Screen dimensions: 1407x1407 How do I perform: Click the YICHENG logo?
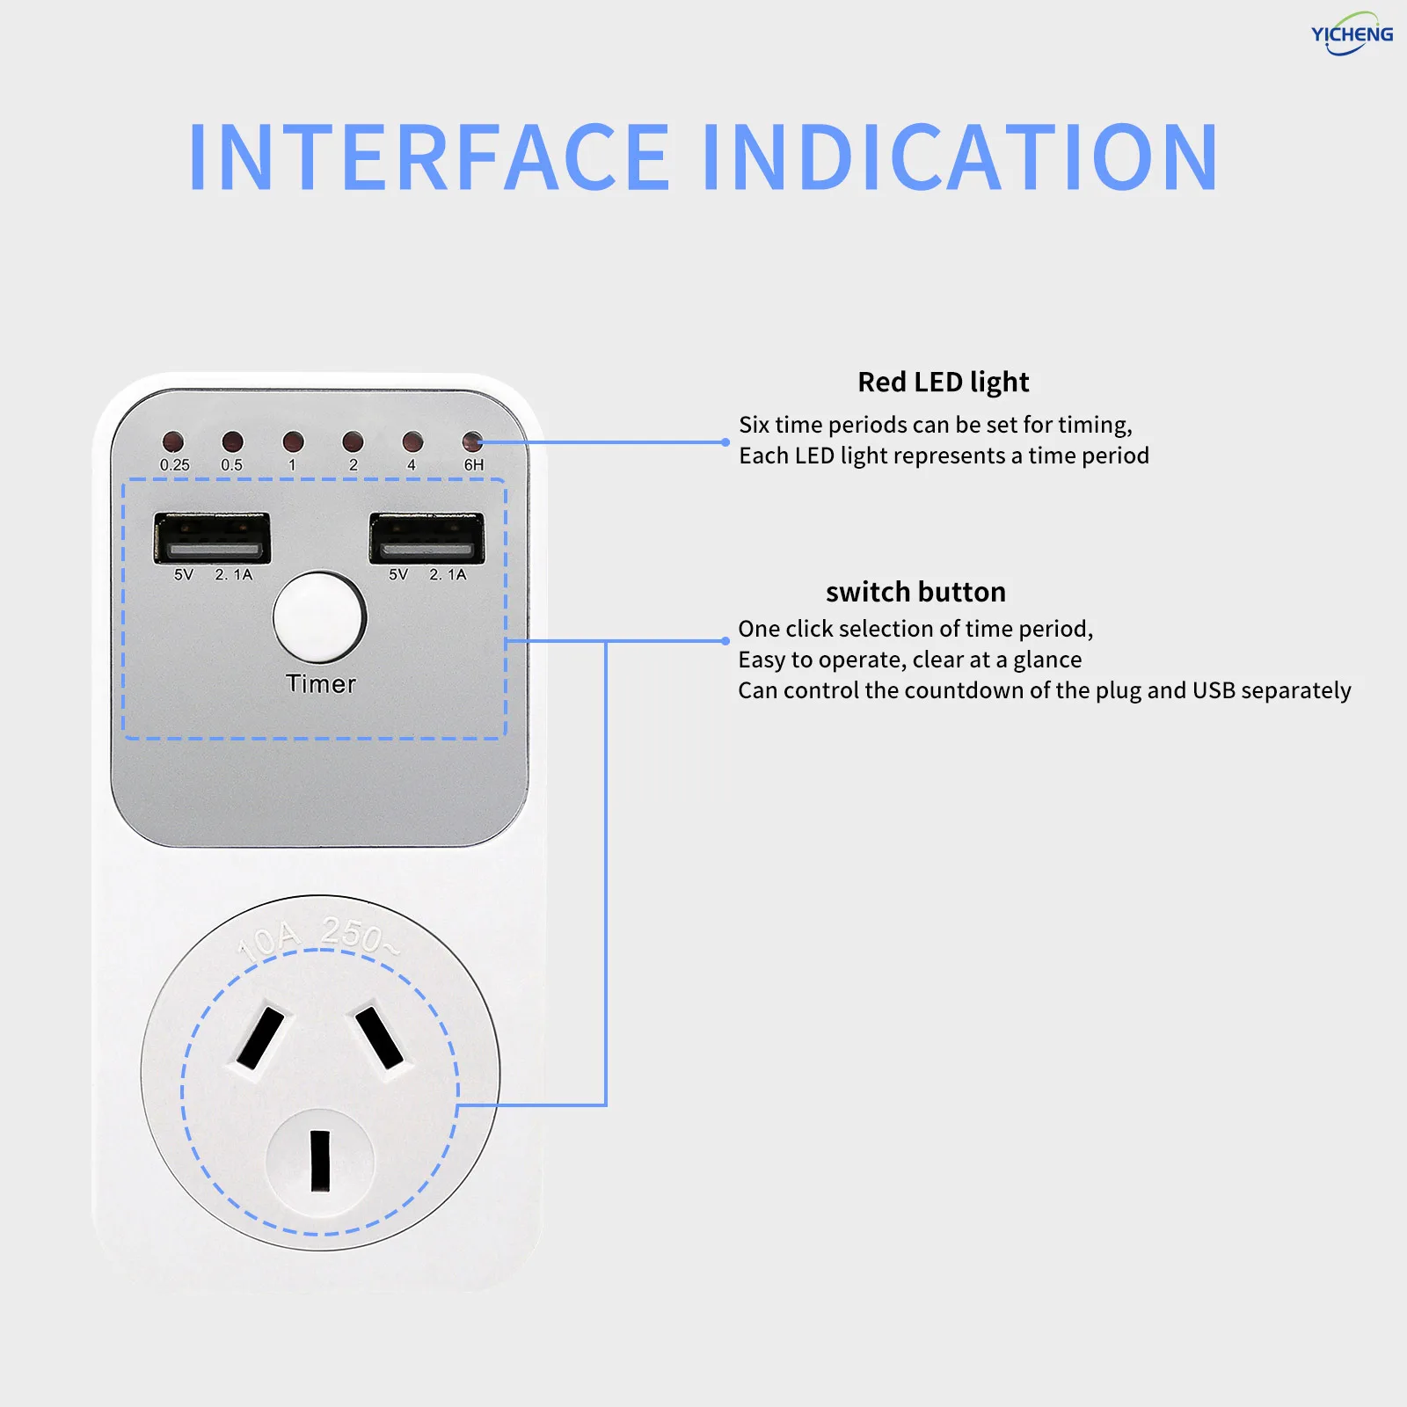click(1352, 34)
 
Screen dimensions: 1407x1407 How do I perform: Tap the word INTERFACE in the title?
click(429, 157)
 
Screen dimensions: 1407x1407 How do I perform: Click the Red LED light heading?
click(943, 382)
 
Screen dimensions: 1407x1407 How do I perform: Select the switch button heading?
click(915, 592)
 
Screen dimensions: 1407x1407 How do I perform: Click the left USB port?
click(212, 537)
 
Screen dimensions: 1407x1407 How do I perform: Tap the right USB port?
click(426, 537)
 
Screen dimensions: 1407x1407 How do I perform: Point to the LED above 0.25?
click(173, 441)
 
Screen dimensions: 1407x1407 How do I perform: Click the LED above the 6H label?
click(472, 441)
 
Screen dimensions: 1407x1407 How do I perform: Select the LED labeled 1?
click(293, 441)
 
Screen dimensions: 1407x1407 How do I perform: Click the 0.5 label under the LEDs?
click(231, 464)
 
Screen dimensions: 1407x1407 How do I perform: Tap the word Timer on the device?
click(321, 684)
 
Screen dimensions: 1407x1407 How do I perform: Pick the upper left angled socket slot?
click(260, 1038)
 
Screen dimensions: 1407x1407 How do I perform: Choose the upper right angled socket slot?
click(379, 1038)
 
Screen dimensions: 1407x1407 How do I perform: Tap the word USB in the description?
click(1214, 690)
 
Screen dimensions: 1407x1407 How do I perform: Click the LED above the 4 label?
click(412, 441)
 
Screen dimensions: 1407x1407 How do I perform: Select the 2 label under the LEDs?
click(354, 464)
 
